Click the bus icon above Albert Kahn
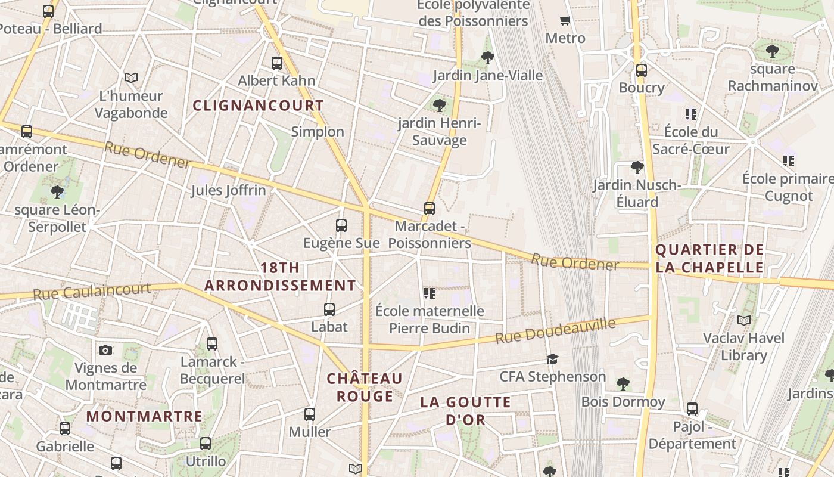(277, 63)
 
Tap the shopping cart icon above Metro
(565, 20)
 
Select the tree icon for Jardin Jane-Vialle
(487, 58)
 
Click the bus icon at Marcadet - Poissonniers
(430, 209)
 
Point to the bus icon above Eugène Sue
(341, 225)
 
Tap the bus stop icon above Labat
(329, 309)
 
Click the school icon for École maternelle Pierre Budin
(429, 293)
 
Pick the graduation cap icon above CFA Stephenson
(553, 359)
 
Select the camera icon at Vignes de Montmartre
(105, 350)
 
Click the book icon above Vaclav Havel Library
(743, 320)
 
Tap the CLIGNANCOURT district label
(259, 106)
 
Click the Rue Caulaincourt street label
(92, 292)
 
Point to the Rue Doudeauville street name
(555, 332)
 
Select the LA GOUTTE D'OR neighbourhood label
(465, 411)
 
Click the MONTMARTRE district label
(144, 416)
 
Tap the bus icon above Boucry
(642, 70)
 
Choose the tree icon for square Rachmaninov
(773, 51)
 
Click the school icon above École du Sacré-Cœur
(691, 114)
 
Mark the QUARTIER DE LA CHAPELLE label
(709, 258)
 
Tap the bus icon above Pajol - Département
(692, 409)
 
